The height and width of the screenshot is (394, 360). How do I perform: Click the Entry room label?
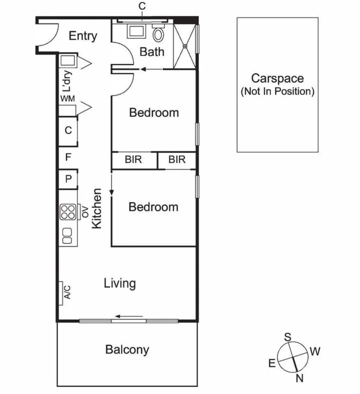(x=83, y=36)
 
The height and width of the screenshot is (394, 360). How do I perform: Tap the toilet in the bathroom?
(x=158, y=34)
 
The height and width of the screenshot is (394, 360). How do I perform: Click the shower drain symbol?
(x=185, y=46)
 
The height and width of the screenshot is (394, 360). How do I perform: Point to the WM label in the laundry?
(x=68, y=99)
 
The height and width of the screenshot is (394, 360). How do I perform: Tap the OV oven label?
(x=85, y=212)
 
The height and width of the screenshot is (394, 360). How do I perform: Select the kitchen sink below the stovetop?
(x=68, y=235)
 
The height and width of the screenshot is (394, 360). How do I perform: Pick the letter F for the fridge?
(x=68, y=157)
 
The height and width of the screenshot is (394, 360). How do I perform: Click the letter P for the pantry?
(x=68, y=179)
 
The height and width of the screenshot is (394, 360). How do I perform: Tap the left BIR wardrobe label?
(x=133, y=159)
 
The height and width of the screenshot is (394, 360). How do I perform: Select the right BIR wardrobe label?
(x=177, y=159)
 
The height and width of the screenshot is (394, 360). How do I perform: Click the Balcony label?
(x=127, y=349)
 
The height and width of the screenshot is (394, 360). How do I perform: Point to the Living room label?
(x=120, y=283)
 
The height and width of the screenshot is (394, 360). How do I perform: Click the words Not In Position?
(x=277, y=91)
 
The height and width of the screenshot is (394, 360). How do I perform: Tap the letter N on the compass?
(x=300, y=379)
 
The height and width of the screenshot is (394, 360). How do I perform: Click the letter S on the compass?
(x=288, y=336)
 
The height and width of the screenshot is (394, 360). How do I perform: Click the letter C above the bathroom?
(x=142, y=6)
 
